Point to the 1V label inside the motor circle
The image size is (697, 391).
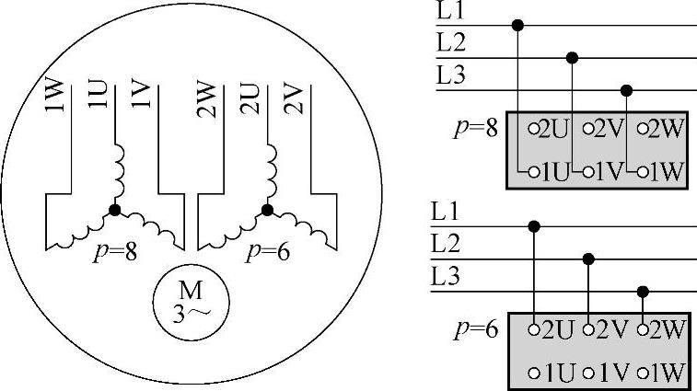139,96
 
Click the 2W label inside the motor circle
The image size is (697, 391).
205,96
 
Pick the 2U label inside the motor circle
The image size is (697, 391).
249,96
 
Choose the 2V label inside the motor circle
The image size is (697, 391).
292,96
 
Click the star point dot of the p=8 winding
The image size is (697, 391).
115,211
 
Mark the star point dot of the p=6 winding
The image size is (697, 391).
267,211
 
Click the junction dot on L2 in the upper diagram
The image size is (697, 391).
573,58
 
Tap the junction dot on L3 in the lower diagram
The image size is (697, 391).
644,293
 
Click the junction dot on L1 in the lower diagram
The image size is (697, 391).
532,225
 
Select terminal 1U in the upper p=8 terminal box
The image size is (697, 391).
552,171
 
